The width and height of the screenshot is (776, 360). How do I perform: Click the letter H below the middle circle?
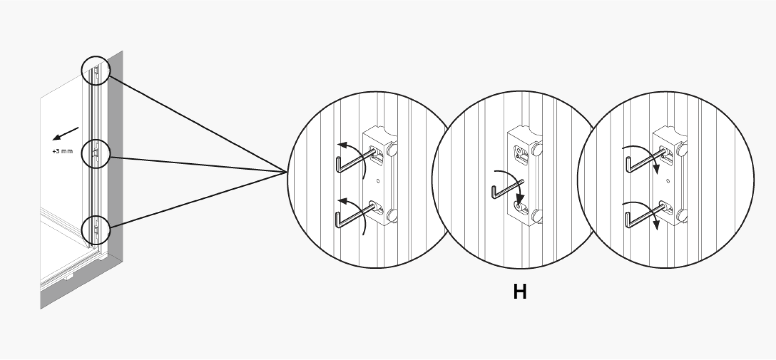[520, 291]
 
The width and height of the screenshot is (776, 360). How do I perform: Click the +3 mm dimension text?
[63, 152]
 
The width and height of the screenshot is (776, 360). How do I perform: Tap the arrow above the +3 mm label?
[65, 134]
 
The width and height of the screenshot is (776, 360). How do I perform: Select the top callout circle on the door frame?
[95, 70]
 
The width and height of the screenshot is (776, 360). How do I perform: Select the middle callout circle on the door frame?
[95, 154]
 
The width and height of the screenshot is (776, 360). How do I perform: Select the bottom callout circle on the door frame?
[95, 230]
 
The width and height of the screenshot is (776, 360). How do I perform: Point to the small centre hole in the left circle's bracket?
[378, 181]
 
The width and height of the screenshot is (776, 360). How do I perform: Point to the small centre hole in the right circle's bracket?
[668, 181]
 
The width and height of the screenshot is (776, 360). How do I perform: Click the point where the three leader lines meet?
[287, 173]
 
